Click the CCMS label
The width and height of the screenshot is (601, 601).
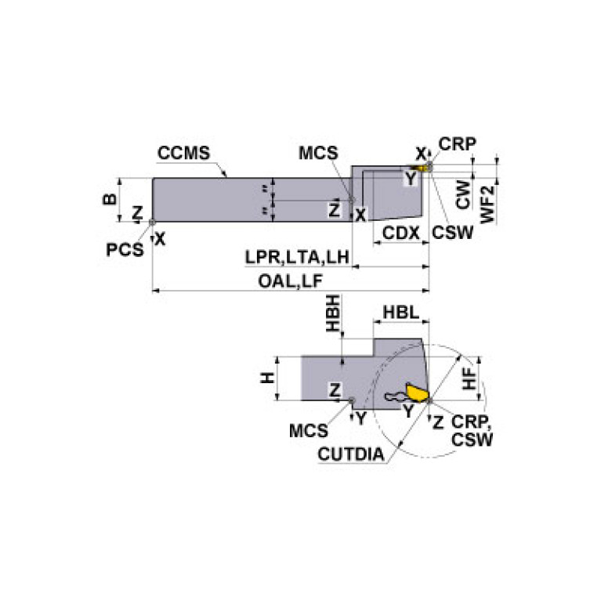click(183, 153)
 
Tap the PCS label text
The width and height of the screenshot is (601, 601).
click(125, 249)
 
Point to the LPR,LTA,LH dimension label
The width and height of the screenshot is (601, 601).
click(296, 257)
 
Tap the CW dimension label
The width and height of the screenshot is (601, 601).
click(464, 196)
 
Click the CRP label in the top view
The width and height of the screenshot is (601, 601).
click(458, 144)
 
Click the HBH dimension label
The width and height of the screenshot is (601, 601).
click(334, 315)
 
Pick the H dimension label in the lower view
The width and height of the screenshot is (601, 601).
click(269, 378)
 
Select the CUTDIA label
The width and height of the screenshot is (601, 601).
click(350, 454)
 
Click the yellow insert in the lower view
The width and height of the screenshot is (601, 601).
click(416, 391)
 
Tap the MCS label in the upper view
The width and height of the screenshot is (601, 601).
click(319, 153)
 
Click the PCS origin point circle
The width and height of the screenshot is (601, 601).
click(152, 223)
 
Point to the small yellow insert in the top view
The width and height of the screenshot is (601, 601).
click(424, 168)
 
